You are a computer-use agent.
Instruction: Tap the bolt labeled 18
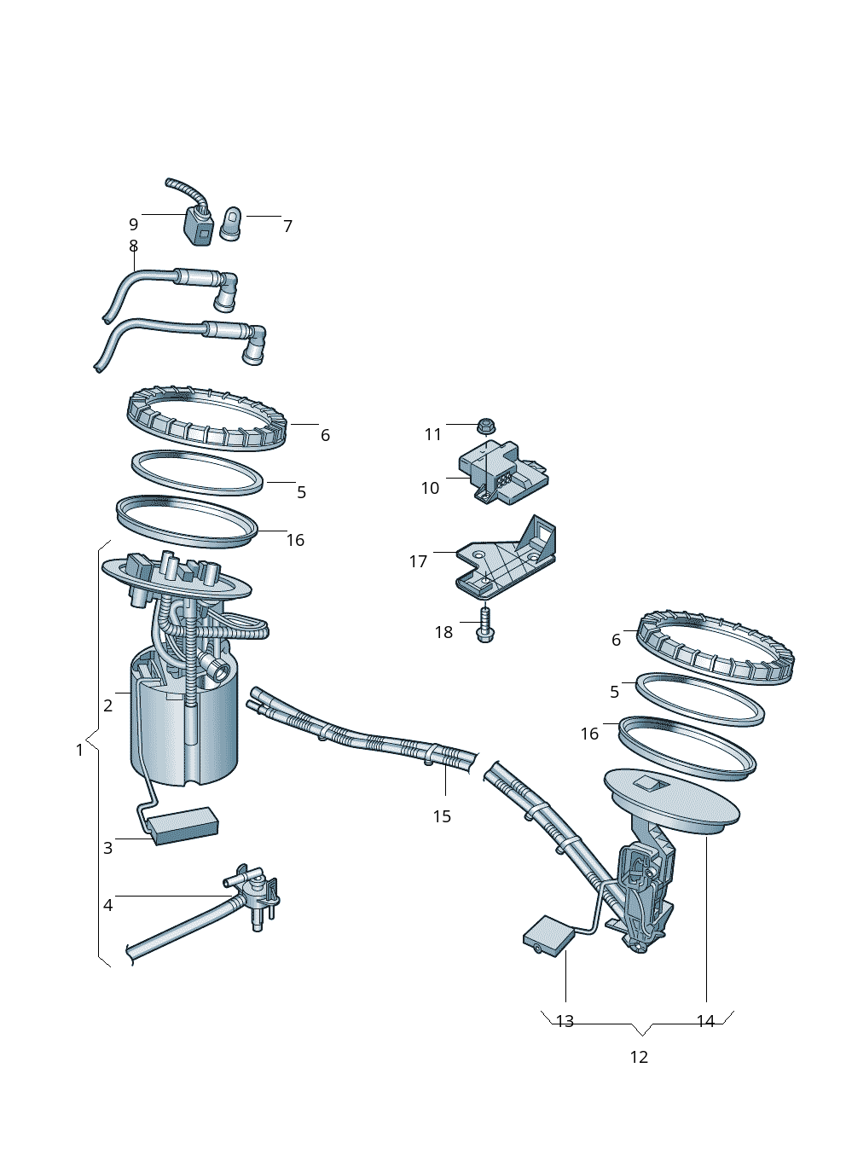tap(485, 624)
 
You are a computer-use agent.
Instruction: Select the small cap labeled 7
tap(231, 224)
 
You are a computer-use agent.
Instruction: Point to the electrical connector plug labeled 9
tap(200, 226)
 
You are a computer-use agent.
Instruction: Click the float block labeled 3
tap(184, 825)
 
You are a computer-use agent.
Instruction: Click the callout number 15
tap(442, 816)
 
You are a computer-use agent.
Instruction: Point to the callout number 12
tap(639, 1057)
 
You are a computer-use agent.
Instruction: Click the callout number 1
tap(80, 750)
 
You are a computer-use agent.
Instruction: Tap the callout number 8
tap(133, 246)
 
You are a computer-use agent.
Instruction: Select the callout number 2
tap(108, 705)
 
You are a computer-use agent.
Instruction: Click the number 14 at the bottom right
tap(705, 1021)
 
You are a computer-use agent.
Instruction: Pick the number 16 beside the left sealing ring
tap(295, 540)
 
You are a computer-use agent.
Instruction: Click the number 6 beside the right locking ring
tap(616, 640)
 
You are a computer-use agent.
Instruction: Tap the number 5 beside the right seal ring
tap(614, 692)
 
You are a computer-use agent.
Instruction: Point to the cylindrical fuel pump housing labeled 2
tap(183, 734)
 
